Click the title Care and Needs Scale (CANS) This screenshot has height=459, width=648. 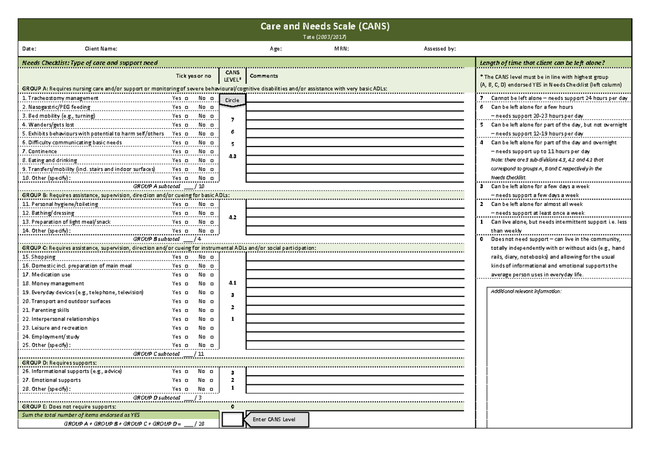pyautogui.click(x=325, y=26)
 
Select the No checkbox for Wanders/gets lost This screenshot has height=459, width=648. pyautogui.click(x=212, y=125)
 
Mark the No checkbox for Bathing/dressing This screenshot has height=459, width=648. pyautogui.click(x=212, y=214)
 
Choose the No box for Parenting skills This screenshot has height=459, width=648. pyautogui.click(x=212, y=310)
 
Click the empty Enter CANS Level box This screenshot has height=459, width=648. pyautogui.click(x=233, y=420)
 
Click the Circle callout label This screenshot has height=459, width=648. pyautogui.click(x=233, y=101)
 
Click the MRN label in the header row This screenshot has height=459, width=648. pyautogui.click(x=341, y=49)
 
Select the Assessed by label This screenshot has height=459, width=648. pyautogui.click(x=440, y=49)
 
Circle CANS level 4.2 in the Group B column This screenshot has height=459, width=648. pyautogui.click(x=233, y=217)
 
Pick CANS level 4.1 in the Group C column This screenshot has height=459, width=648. pyautogui.click(x=233, y=283)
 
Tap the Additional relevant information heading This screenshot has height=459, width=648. pyautogui.click(x=526, y=291)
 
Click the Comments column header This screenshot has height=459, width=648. pyautogui.click(x=264, y=76)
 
